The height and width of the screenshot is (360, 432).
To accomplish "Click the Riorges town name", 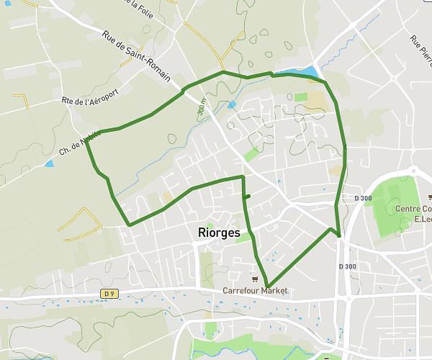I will tap(219, 233).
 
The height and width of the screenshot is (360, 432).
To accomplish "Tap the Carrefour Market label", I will tap(255, 290).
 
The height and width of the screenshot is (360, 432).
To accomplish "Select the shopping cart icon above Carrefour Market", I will tap(255, 279).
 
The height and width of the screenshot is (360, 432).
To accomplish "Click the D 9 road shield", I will tap(109, 293).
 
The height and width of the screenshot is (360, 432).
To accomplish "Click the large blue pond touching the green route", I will tap(310, 72).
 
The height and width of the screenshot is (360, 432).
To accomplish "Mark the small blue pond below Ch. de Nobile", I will tap(48, 163).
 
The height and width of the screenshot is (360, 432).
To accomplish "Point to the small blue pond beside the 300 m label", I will tap(231, 104).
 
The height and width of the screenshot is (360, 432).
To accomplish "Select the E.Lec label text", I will tap(420, 220).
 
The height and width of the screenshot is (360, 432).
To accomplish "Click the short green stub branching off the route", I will tap(247, 196).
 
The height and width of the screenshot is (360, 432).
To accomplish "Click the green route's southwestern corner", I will tap(129, 225).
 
